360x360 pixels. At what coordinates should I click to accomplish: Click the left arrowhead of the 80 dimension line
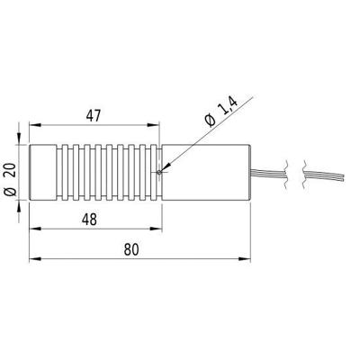coord(34,257)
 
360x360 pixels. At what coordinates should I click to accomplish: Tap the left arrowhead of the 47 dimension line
coord(34,128)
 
